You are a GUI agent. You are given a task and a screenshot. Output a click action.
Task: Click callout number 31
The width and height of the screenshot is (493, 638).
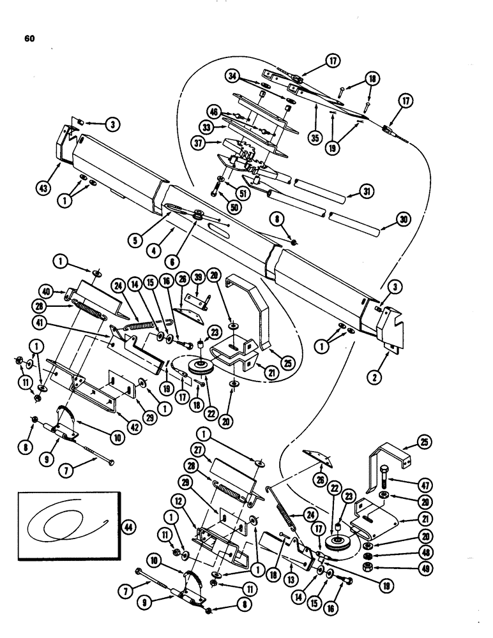coord(368,191)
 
